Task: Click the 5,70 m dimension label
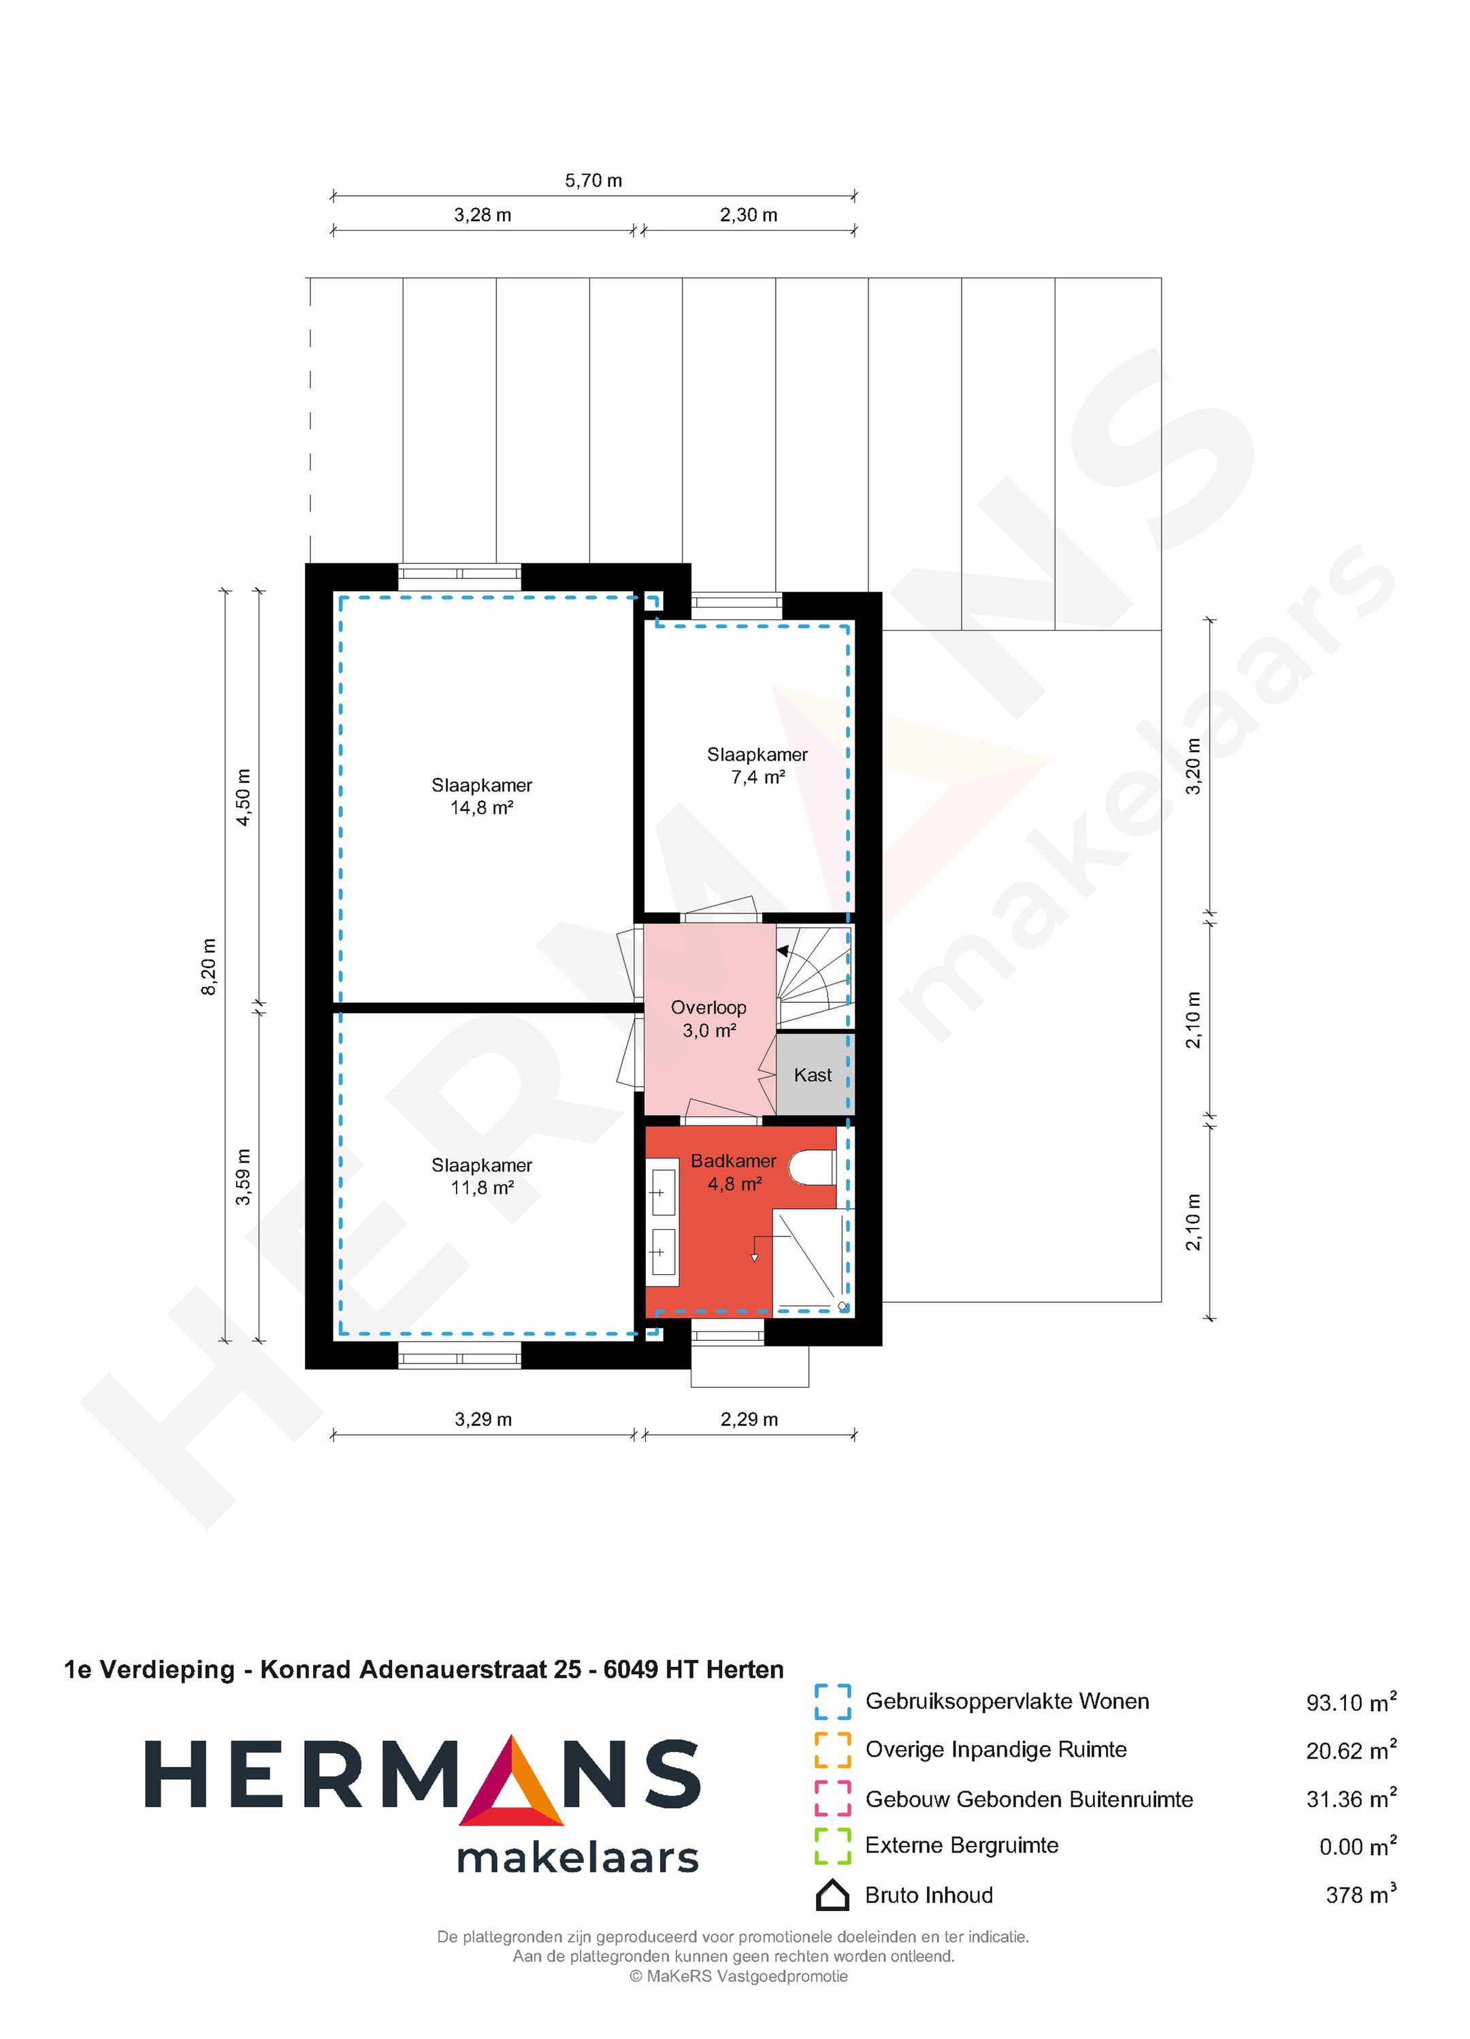(593, 181)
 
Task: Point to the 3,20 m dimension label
(1193, 766)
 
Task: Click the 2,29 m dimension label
(749, 1420)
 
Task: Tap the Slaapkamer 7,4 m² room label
(757, 766)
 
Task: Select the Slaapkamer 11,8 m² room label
(482, 1176)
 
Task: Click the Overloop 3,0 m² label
(708, 1018)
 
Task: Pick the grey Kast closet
(813, 1075)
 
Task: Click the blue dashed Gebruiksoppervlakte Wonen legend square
(832, 1702)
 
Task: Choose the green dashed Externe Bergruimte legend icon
(832, 1846)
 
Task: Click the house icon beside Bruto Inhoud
(832, 1895)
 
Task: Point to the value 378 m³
(1360, 1895)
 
